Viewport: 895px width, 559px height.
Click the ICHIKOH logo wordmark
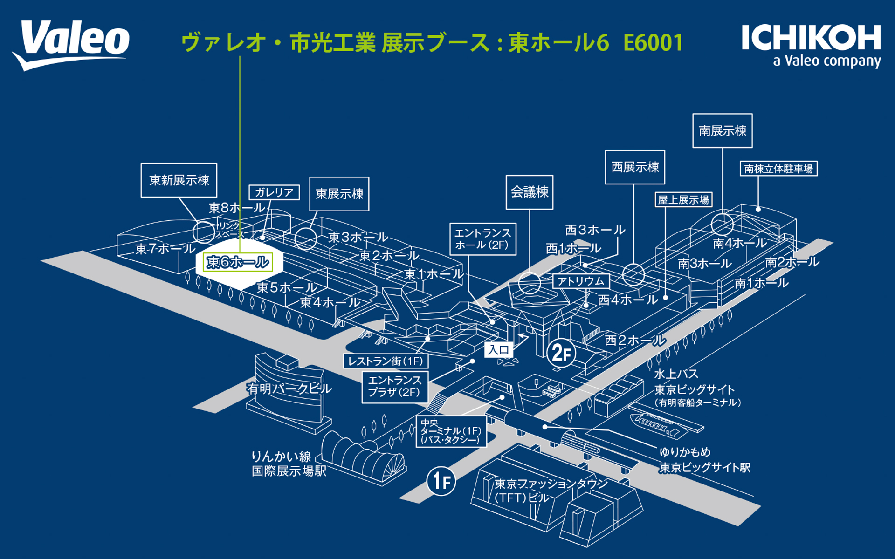811,38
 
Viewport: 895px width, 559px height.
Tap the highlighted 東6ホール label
238,262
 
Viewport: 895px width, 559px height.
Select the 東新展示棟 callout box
179,180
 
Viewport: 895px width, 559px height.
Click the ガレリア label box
274,192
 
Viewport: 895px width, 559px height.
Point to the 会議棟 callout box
530,192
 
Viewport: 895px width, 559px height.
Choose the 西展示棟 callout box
635,167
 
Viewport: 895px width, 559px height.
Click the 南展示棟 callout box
722,131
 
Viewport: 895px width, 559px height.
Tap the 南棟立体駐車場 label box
778,169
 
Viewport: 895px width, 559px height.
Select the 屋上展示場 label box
683,200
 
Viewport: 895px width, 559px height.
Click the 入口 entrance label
498,350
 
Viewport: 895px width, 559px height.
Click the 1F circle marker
441,481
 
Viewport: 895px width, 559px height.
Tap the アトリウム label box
581,281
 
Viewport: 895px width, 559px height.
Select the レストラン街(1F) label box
386,361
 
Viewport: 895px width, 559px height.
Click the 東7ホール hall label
165,249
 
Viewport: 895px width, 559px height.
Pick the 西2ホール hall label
635,341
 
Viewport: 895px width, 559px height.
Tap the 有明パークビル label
289,389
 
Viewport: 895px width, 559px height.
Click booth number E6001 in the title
653,43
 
